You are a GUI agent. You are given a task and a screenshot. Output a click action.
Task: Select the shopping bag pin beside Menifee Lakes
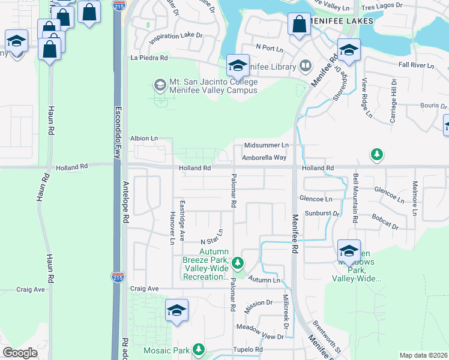point(299,25)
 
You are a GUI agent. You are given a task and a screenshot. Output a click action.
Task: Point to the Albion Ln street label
point(143,138)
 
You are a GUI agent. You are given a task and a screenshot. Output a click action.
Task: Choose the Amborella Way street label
point(264,158)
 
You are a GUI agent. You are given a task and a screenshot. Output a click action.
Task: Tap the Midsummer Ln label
point(267,145)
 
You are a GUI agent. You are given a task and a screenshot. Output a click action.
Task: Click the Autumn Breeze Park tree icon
point(238,263)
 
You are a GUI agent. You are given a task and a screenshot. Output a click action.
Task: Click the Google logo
point(20,353)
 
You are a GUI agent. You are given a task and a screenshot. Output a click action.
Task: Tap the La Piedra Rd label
point(149,58)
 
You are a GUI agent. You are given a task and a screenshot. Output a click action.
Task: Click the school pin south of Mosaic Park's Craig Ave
point(176,311)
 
